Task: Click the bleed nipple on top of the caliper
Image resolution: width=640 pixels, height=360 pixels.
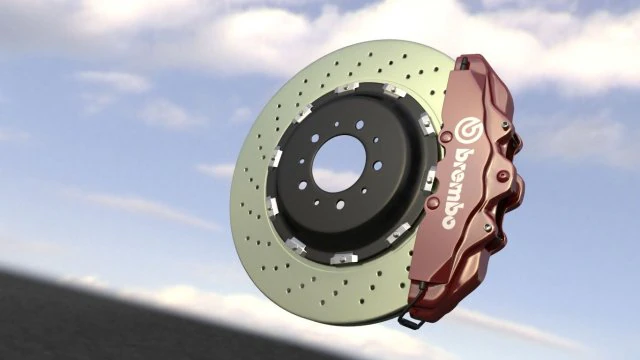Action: (463, 63)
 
